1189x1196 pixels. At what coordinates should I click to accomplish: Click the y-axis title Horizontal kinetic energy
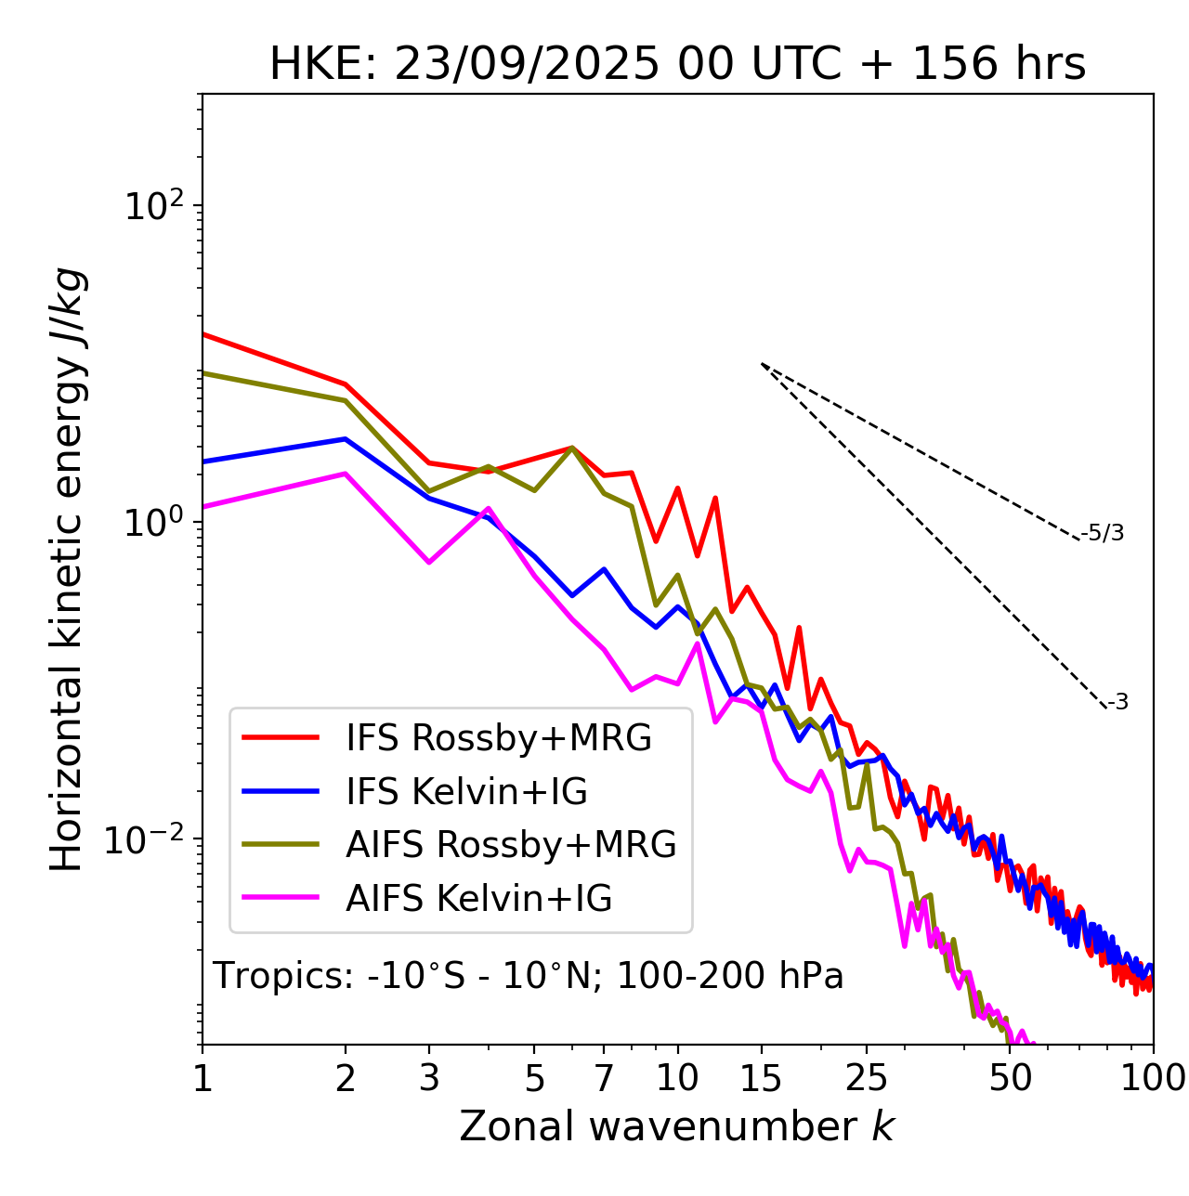coord(67,569)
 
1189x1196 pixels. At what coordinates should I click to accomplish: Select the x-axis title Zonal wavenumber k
coord(676,1126)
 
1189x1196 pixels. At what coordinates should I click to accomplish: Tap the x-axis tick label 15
coord(761,1078)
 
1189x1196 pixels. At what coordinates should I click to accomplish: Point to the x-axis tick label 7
coord(604,1078)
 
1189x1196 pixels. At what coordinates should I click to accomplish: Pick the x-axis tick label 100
coord(1153,1078)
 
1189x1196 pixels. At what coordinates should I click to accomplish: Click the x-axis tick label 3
coord(429,1078)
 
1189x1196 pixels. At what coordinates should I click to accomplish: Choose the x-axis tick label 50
coord(1011,1078)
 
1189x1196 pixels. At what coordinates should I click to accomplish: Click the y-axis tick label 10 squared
coord(151,206)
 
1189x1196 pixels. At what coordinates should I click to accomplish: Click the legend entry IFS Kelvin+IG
coord(466,792)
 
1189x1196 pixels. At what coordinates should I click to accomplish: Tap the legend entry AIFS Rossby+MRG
coord(511,845)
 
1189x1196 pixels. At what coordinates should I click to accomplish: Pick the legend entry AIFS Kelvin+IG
coord(479,899)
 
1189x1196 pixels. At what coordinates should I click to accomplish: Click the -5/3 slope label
coord(1104,533)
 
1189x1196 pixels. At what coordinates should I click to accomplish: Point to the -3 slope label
coord(1118,703)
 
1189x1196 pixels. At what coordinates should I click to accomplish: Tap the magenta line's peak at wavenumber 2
coord(346,474)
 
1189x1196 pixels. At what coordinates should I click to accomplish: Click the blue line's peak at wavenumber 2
coord(346,439)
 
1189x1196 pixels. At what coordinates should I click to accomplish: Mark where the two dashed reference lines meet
coord(762,364)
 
